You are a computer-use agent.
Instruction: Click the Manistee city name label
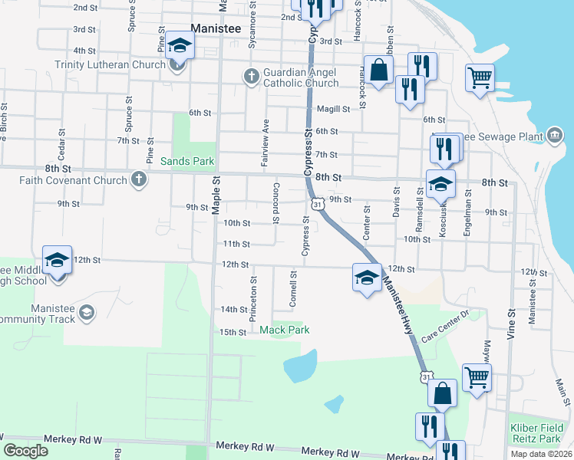(x=216, y=28)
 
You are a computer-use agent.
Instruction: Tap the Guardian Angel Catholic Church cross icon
(x=251, y=76)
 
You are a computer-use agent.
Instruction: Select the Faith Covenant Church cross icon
(x=138, y=180)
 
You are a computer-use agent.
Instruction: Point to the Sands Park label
(x=187, y=161)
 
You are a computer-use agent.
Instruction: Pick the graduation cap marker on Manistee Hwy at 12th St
(x=367, y=278)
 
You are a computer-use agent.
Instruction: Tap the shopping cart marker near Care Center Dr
(x=477, y=379)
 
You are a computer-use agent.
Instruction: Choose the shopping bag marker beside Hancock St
(x=379, y=70)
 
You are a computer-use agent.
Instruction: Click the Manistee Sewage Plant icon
(x=555, y=136)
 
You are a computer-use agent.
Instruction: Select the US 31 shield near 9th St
(x=318, y=204)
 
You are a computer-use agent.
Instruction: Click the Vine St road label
(x=511, y=326)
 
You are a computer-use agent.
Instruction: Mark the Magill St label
(x=333, y=109)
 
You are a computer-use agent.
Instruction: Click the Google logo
(x=25, y=451)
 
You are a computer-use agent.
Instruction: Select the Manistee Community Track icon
(x=87, y=313)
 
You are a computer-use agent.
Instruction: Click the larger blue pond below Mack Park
(x=300, y=366)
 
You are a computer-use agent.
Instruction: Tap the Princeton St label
(x=253, y=290)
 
